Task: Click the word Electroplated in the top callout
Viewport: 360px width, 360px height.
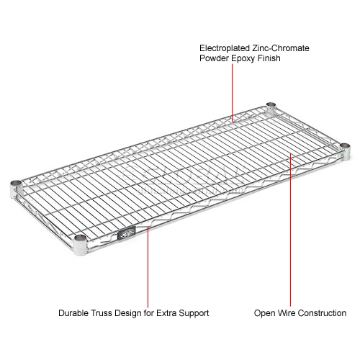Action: click(x=222, y=48)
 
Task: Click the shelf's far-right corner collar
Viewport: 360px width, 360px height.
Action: click(x=343, y=148)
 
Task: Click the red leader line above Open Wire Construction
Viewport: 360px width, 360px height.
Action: click(x=291, y=230)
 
